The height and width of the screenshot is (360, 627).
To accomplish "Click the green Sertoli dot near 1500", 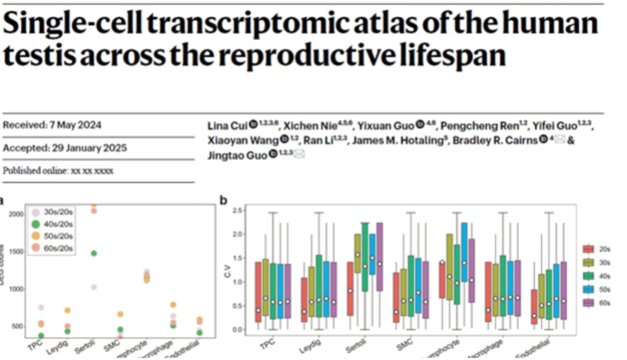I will pos(93,253).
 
